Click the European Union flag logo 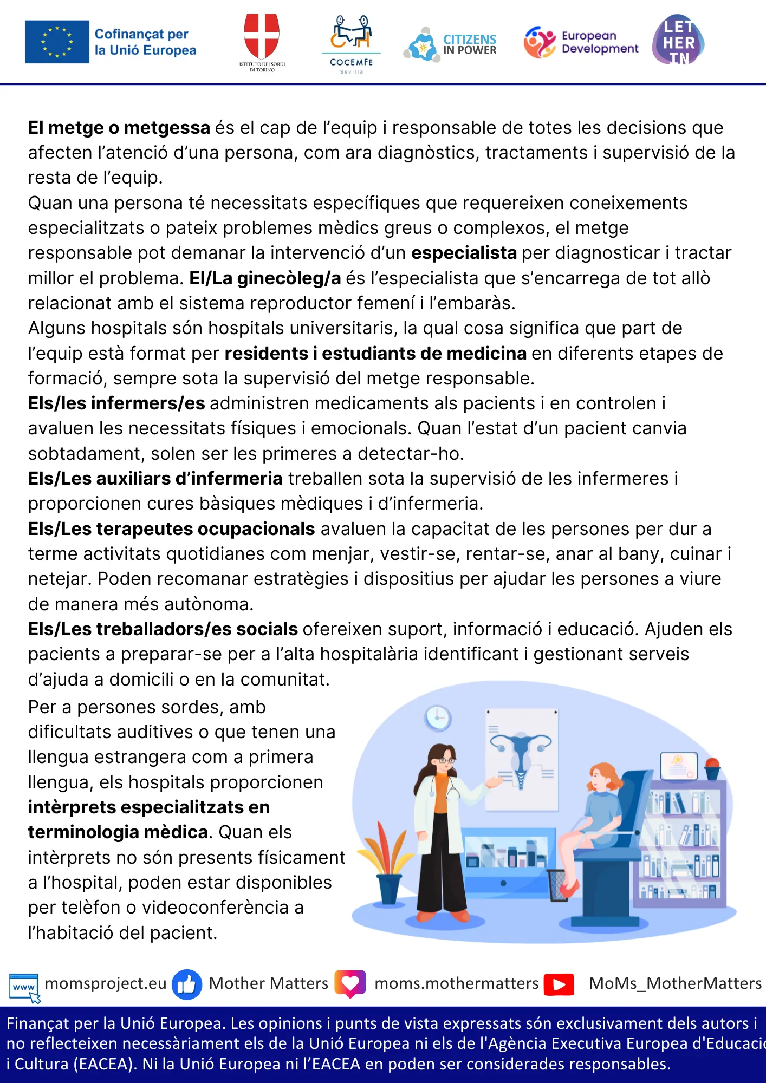click(57, 42)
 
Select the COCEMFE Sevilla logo click(351, 43)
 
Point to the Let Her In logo click(678, 41)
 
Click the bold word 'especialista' click(464, 253)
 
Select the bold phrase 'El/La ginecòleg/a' click(265, 278)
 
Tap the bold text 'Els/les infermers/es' click(116, 403)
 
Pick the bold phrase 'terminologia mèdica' click(118, 832)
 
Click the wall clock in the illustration click(438, 719)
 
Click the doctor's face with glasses click(445, 759)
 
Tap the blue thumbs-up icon click(187, 984)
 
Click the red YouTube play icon click(559, 984)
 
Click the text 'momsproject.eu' click(106, 983)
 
